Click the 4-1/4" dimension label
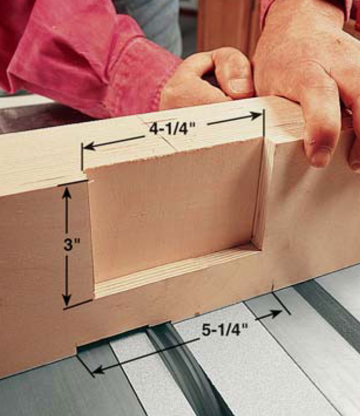pyautogui.click(x=172, y=130)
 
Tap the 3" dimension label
pyautogui.click(x=72, y=245)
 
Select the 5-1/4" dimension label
pyautogui.click(x=225, y=331)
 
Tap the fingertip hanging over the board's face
pyautogui.click(x=321, y=157)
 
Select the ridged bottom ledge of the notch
pyautogui.click(x=175, y=269)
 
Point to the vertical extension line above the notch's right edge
pyautogui.click(x=264, y=124)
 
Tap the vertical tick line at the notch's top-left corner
pyautogui.click(x=82, y=157)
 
